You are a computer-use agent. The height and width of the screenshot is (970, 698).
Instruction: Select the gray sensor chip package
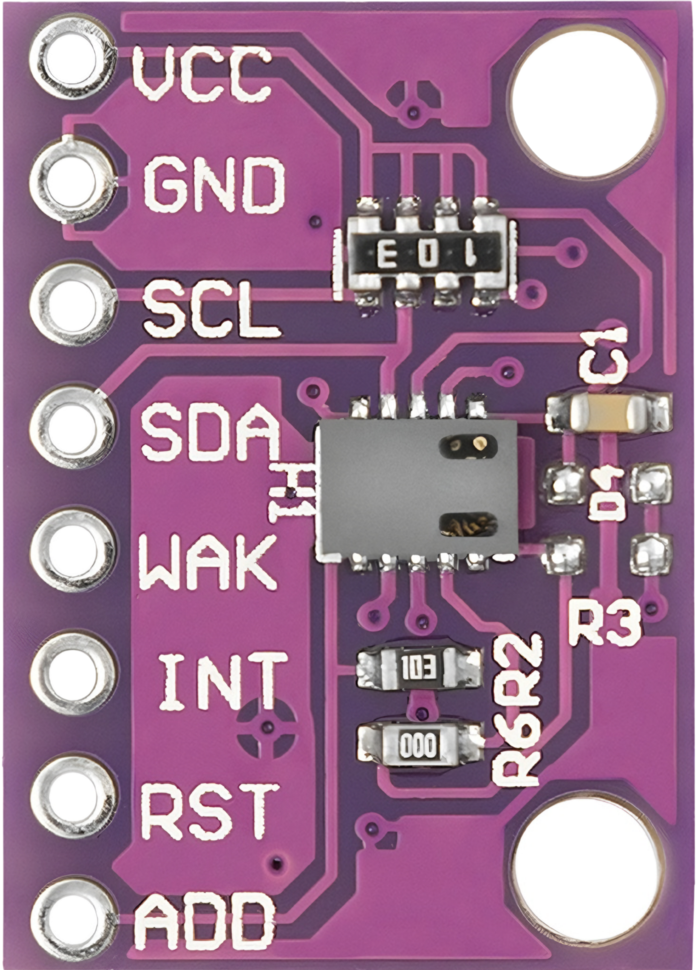coord(417,491)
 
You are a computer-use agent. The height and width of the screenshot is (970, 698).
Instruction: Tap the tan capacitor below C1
coord(608,412)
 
